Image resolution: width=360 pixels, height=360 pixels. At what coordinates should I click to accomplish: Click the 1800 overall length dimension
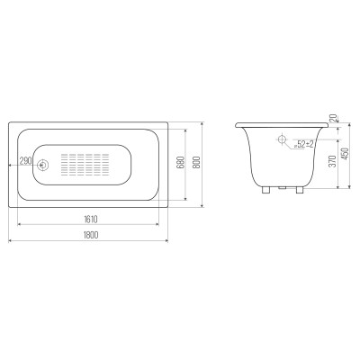click(91, 235)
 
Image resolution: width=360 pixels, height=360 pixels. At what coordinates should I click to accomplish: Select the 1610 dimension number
click(91, 220)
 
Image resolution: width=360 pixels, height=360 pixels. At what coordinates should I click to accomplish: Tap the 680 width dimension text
click(181, 163)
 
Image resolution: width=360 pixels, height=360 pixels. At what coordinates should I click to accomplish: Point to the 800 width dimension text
click(197, 163)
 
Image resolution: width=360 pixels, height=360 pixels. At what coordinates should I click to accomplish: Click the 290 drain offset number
click(25, 161)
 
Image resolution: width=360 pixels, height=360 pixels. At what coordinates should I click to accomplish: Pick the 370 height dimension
click(332, 161)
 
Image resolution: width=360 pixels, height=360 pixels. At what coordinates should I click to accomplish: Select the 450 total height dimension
click(346, 154)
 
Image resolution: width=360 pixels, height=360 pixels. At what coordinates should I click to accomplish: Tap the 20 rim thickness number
click(333, 118)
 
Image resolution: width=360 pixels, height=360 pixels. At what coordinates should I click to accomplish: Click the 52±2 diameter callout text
click(303, 144)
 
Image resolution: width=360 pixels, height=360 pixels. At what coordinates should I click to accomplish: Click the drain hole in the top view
click(42, 165)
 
